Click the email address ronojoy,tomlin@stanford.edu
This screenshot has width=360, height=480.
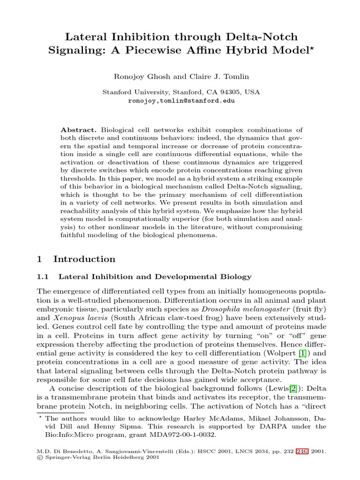(x=181, y=100)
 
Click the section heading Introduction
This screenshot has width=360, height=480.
(x=84, y=259)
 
